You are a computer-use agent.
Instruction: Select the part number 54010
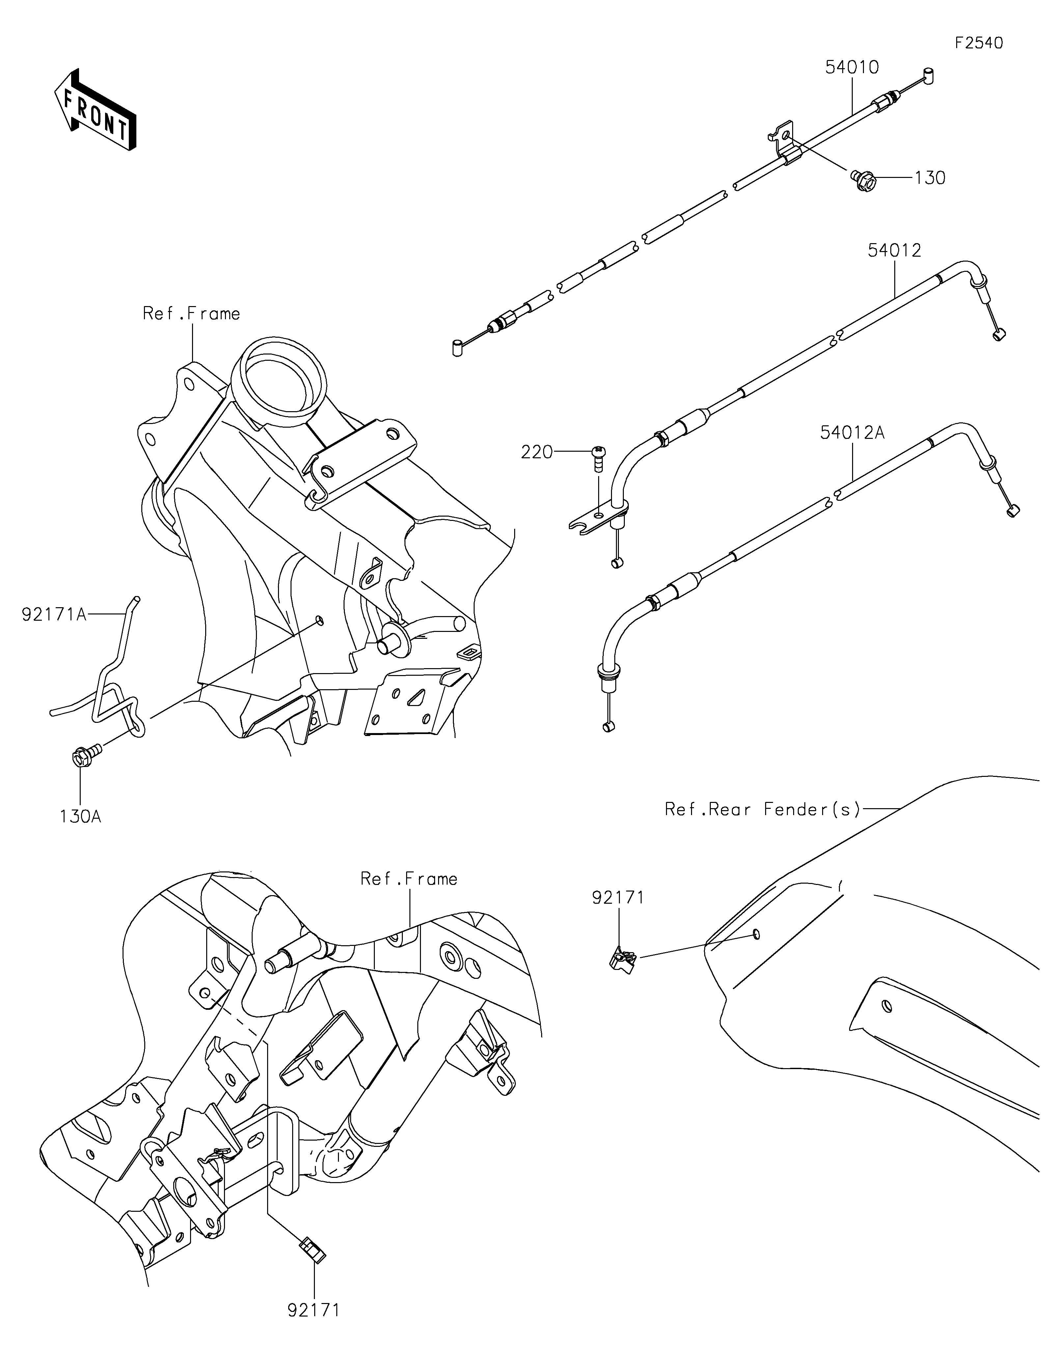[852, 67]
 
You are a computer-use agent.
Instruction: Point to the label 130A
[80, 816]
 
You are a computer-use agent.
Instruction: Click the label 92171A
[54, 615]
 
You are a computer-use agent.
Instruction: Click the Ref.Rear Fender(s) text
[762, 809]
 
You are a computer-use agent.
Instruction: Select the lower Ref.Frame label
[409, 879]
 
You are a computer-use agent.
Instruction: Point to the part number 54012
[895, 251]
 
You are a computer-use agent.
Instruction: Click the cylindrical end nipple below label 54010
[457, 347]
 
